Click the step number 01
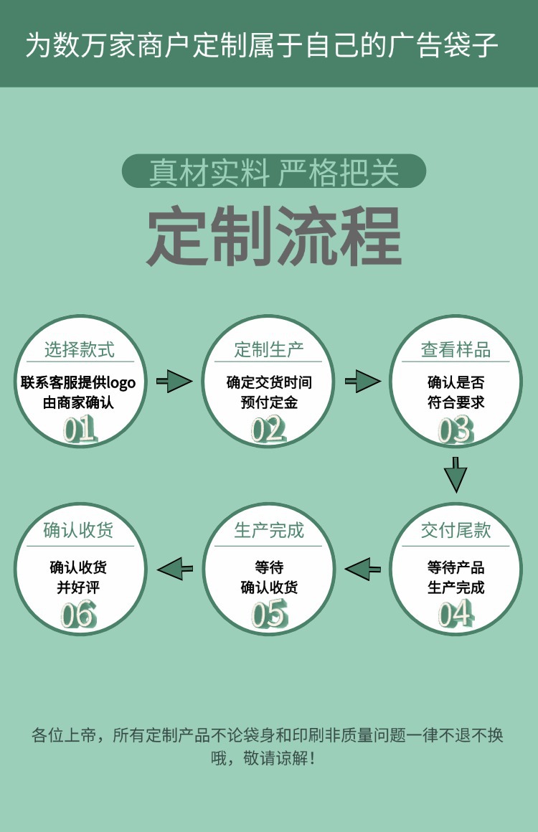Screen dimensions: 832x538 tap(79, 429)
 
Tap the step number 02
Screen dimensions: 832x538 tap(268, 429)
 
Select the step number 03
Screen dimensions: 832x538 tap(456, 430)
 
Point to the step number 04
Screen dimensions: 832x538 tap(456, 614)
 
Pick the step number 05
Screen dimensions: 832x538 tap(269, 614)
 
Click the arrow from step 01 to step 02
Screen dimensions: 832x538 tap(174, 381)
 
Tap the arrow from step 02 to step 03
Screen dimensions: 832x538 tap(362, 381)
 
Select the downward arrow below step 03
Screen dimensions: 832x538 tap(456, 474)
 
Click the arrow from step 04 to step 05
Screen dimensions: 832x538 tap(363, 569)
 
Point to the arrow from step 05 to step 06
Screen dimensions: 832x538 tap(175, 569)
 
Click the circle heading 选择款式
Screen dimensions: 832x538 tap(79, 350)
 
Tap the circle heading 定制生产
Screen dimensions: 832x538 tap(269, 350)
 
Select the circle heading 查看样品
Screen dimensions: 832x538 tap(456, 350)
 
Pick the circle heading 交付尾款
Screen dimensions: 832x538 tap(456, 530)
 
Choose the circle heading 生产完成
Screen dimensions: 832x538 tap(269, 530)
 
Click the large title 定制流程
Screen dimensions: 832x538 tap(274, 237)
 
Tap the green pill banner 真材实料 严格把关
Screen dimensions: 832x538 tap(274, 171)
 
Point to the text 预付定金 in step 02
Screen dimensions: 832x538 tap(269, 402)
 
